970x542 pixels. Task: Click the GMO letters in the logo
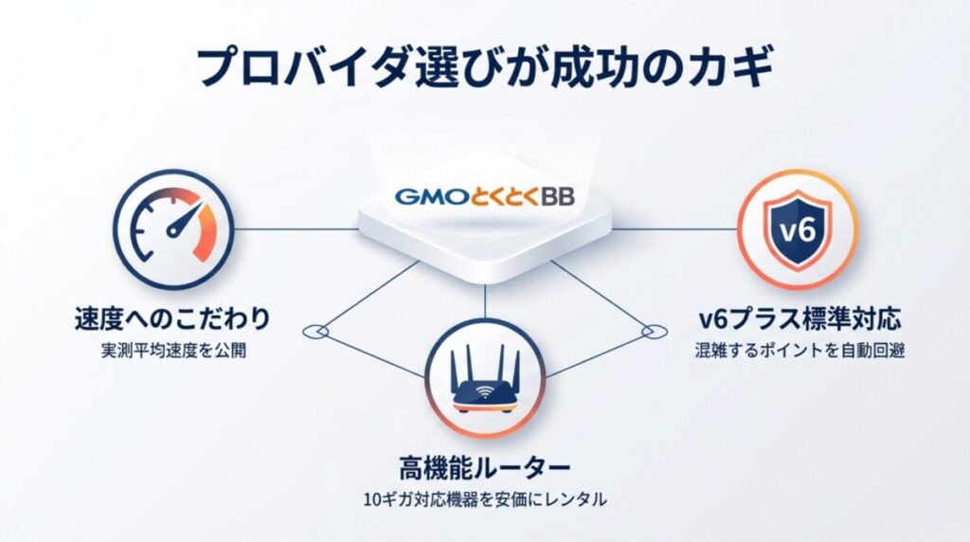[x=424, y=197]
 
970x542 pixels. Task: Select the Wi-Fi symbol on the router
[x=485, y=388]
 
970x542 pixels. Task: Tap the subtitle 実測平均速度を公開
[x=171, y=350]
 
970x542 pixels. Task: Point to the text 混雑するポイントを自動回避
[x=797, y=351]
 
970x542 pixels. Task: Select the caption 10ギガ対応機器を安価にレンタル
[x=485, y=499]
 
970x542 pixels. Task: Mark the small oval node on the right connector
[x=650, y=331]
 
